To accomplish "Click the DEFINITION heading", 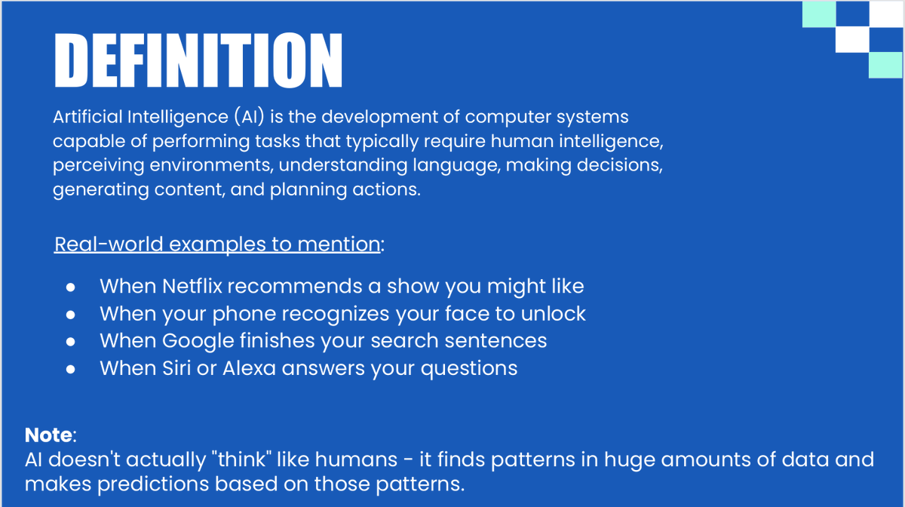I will (x=198, y=61).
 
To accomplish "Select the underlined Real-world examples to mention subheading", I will (x=217, y=245).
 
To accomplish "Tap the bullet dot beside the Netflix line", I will (x=71, y=287).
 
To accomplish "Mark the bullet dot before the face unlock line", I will (x=71, y=315).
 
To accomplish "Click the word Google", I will (x=198, y=341).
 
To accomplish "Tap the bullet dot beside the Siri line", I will (x=71, y=369).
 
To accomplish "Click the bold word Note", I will (x=49, y=435).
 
